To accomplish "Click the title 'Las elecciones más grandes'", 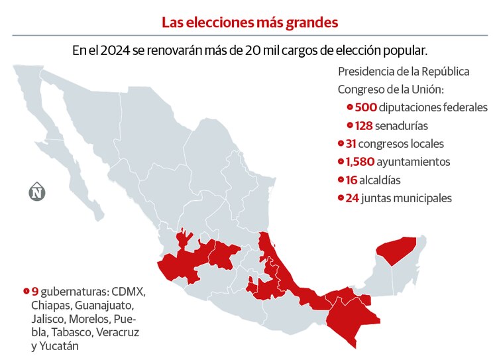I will coord(250,22).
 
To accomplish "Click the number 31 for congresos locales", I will coord(351,143).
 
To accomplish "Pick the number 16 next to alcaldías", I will coord(351,180).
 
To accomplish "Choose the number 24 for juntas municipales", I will coord(352,198).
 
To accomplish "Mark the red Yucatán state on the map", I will coord(396,251).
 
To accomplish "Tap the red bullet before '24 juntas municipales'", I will coord(340,198).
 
